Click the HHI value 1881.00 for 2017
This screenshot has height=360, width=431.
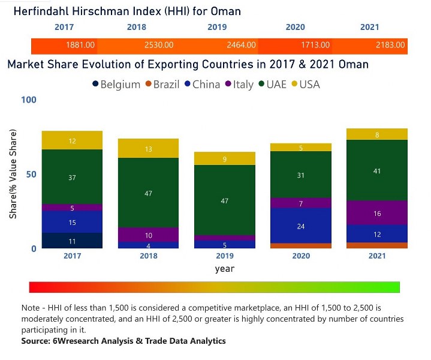80,45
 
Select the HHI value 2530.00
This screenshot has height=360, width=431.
159,45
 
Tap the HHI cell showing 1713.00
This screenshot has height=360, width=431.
315,45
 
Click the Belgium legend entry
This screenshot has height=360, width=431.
116,85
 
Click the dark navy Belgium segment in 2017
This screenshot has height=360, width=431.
72,241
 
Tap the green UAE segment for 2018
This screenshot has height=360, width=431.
149,193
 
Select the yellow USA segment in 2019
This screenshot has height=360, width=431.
225,158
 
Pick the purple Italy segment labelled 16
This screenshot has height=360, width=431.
377,212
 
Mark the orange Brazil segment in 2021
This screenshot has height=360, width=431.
377,245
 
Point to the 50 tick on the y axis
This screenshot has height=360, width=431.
31,174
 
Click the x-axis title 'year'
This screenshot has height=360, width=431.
225,269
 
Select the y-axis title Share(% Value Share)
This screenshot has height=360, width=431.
13,174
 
